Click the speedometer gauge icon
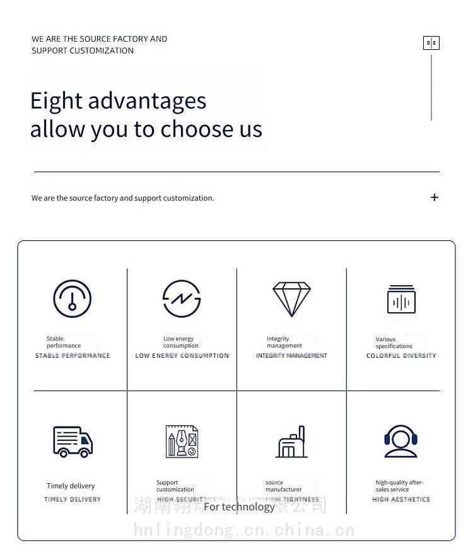(x=73, y=298)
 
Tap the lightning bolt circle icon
(x=182, y=298)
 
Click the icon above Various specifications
(x=401, y=300)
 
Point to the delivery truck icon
(x=73, y=441)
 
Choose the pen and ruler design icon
(x=182, y=441)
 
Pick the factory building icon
(x=292, y=442)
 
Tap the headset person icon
(x=400, y=441)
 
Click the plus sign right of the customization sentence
(x=435, y=197)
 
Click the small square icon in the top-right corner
(x=431, y=43)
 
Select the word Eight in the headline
(x=56, y=101)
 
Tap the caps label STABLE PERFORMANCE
(x=73, y=356)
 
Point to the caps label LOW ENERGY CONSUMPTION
(x=182, y=356)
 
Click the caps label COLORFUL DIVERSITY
(x=401, y=356)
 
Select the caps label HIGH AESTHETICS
(x=401, y=500)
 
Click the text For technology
(x=239, y=507)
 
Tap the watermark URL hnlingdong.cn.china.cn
(x=244, y=530)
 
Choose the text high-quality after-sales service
(x=399, y=486)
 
